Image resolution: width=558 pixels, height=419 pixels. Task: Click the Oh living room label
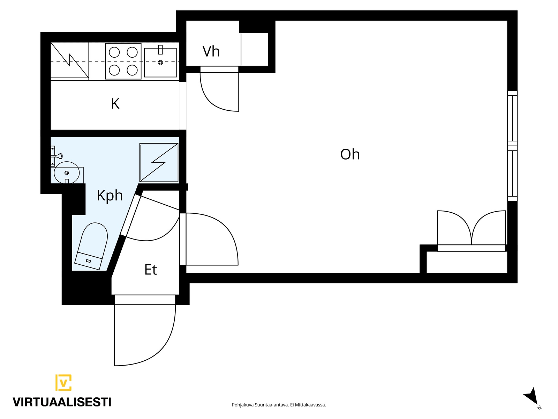pyautogui.click(x=350, y=154)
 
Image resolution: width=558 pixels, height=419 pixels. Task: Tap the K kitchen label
pyautogui.click(x=115, y=104)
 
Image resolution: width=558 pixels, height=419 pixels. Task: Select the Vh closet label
pyautogui.click(x=211, y=51)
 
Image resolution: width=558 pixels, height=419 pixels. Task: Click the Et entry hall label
pyautogui.click(x=151, y=270)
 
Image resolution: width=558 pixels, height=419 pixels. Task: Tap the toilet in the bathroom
pyautogui.click(x=91, y=246)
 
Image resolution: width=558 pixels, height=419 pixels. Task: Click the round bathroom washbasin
pyautogui.click(x=67, y=172)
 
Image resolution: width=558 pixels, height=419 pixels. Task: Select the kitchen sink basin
pyautogui.click(x=160, y=63)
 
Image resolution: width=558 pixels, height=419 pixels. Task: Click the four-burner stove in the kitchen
pyautogui.click(x=123, y=61)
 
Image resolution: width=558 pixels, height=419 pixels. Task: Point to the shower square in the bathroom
pyautogui.click(x=159, y=163)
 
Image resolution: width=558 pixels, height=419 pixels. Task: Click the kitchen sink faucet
pyautogui.click(x=160, y=50)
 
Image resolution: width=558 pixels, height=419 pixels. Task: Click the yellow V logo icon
pyautogui.click(x=63, y=382)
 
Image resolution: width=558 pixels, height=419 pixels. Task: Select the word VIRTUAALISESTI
pyautogui.click(x=62, y=402)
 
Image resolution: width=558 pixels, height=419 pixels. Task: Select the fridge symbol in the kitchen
pyautogui.click(x=70, y=60)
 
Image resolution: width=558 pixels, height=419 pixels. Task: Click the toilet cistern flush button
pyautogui.click(x=89, y=261)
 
